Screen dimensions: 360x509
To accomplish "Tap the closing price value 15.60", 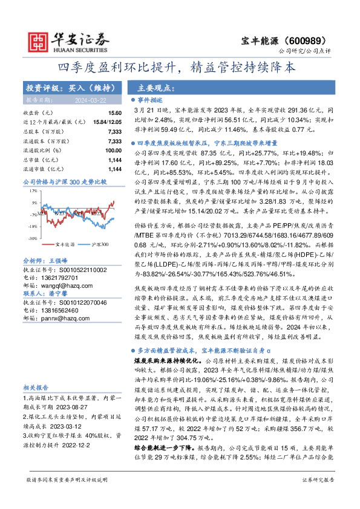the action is point(114,113).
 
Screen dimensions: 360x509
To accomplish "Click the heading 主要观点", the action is point(150,87).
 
